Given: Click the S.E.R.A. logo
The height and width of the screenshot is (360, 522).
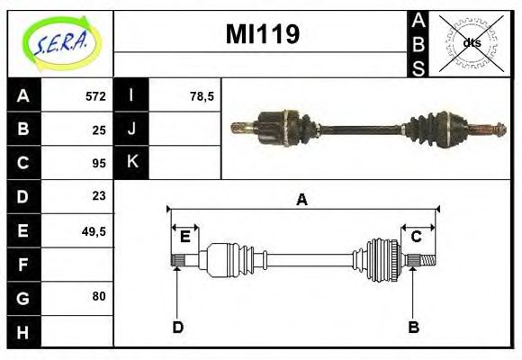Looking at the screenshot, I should [60, 42].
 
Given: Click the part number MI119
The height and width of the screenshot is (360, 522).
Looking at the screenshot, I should [262, 34].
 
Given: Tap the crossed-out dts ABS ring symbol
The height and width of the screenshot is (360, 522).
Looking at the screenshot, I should [471, 42].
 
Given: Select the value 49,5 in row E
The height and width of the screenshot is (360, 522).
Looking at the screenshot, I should [94, 230].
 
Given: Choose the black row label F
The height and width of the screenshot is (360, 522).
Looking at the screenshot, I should [23, 264].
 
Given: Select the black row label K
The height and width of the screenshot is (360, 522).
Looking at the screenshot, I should [131, 163].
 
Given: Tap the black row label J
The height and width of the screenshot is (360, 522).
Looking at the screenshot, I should [131, 130].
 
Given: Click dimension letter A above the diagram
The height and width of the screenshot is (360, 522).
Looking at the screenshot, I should [301, 200].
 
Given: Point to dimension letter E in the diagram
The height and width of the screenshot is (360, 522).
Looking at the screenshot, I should [185, 237].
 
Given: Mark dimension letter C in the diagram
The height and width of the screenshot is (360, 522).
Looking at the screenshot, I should [417, 237].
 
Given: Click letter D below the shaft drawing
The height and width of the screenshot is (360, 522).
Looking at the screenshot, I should [177, 327].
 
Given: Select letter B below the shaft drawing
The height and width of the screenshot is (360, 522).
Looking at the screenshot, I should [413, 327].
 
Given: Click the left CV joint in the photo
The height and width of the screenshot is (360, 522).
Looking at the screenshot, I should [280, 127].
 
